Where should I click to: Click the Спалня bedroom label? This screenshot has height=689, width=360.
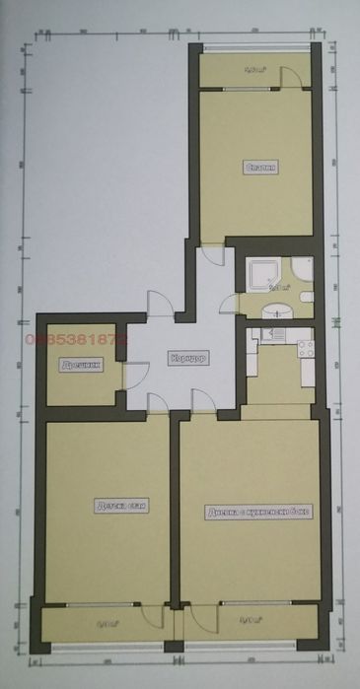click(259, 168)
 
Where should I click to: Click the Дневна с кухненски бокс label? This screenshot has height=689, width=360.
click(258, 513)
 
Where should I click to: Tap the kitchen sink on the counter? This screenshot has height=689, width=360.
click(268, 336)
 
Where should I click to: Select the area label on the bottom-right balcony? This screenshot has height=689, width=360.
click(250, 620)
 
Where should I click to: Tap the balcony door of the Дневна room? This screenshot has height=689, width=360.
click(201, 615)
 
